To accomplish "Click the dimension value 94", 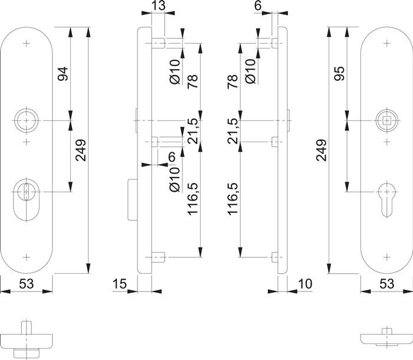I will (x=63, y=74).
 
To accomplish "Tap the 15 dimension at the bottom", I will (x=119, y=284).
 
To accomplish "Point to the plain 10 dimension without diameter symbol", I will (x=304, y=284).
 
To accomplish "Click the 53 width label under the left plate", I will (x=25, y=284).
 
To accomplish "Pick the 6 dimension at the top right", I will (x=274, y=7).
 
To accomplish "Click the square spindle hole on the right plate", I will (x=385, y=120).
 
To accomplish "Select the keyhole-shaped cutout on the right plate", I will (x=385, y=195).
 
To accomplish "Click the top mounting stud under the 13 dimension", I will (x=158, y=44).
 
